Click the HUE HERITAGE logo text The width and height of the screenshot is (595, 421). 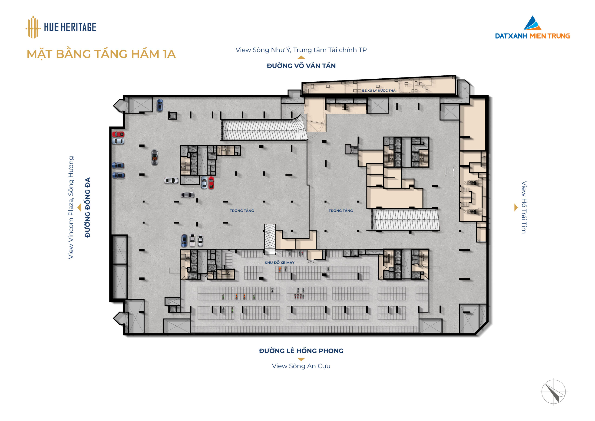click(x=70, y=27)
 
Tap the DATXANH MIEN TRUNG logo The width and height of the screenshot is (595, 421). click(x=532, y=27)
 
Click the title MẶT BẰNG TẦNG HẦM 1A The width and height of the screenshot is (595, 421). click(x=101, y=54)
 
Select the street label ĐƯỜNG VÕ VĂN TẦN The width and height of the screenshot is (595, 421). click(x=301, y=66)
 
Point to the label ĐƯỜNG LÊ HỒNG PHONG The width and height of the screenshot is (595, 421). click(x=301, y=351)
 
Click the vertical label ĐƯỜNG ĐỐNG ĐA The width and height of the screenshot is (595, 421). click(x=88, y=207)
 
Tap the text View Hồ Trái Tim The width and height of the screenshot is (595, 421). click(x=524, y=207)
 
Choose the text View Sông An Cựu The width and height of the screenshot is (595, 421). click(x=301, y=366)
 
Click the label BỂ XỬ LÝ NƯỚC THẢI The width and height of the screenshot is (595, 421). click(x=379, y=90)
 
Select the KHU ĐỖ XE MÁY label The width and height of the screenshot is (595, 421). click(x=279, y=263)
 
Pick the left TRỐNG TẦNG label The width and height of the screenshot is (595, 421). click(x=242, y=211)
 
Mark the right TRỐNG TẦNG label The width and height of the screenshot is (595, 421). click(x=341, y=211)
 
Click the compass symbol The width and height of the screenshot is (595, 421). click(x=554, y=392)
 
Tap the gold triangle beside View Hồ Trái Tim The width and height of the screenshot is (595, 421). click(x=516, y=207)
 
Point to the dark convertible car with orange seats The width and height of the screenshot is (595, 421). click(x=155, y=157)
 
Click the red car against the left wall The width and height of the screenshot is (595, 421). click(x=118, y=134)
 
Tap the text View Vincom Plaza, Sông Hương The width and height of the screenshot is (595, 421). click(x=71, y=207)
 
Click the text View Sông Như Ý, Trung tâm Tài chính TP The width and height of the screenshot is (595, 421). click(x=301, y=50)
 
